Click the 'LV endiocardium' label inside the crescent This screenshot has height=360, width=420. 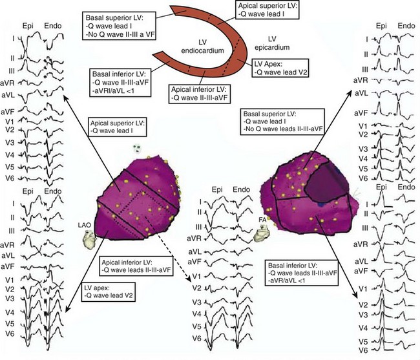202,46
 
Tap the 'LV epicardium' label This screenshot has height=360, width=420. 272,43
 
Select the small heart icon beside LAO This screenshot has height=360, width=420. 88,240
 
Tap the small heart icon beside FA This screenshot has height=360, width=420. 261,233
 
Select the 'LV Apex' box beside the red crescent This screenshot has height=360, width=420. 280,68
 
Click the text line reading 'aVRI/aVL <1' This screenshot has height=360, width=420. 113,90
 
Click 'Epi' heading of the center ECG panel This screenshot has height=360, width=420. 217,189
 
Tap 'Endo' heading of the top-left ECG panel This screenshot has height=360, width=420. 53,26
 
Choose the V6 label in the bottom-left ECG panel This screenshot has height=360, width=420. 10,334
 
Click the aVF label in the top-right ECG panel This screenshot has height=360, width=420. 361,113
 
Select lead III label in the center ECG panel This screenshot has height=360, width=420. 198,227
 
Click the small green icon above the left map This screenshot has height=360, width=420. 138,149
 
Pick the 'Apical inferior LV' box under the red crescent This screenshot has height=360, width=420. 199,94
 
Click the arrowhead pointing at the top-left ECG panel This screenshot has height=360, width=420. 65,97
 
